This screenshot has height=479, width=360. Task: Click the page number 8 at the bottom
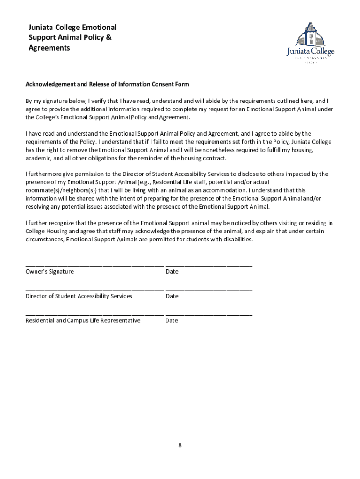click(180, 445)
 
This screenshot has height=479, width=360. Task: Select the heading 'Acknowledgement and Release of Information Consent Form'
click(107, 84)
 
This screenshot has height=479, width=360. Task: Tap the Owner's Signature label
click(50, 272)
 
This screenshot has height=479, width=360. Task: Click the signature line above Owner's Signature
click(94, 266)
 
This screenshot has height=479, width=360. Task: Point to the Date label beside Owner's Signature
click(172, 272)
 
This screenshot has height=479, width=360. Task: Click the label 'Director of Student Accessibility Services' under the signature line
click(79, 296)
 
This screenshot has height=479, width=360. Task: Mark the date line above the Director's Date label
click(209, 290)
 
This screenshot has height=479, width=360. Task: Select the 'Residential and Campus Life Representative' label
click(83, 320)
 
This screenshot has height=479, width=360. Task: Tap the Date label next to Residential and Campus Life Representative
click(172, 320)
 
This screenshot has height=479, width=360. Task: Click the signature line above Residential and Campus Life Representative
click(94, 314)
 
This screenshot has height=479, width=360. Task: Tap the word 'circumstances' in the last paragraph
click(44, 239)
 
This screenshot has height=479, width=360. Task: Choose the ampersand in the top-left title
click(109, 37)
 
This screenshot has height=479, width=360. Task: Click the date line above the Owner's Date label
click(209, 266)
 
